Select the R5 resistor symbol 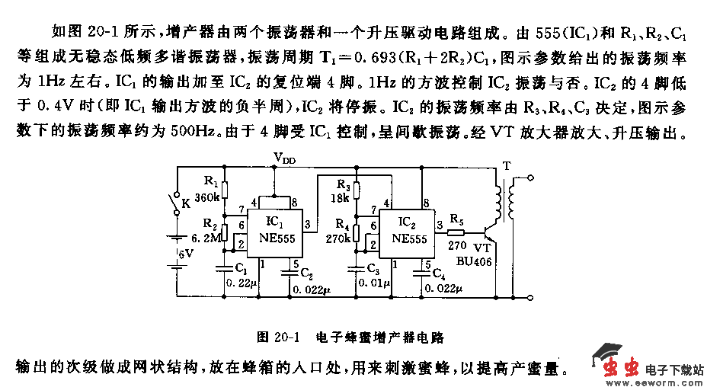[x=457, y=230]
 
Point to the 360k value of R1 [x=207, y=197]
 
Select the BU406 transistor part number [x=474, y=261]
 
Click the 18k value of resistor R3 [x=340, y=198]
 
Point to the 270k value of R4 [x=338, y=238]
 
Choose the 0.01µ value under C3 [x=374, y=283]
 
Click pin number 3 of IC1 [x=307, y=224]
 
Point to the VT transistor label [x=482, y=248]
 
